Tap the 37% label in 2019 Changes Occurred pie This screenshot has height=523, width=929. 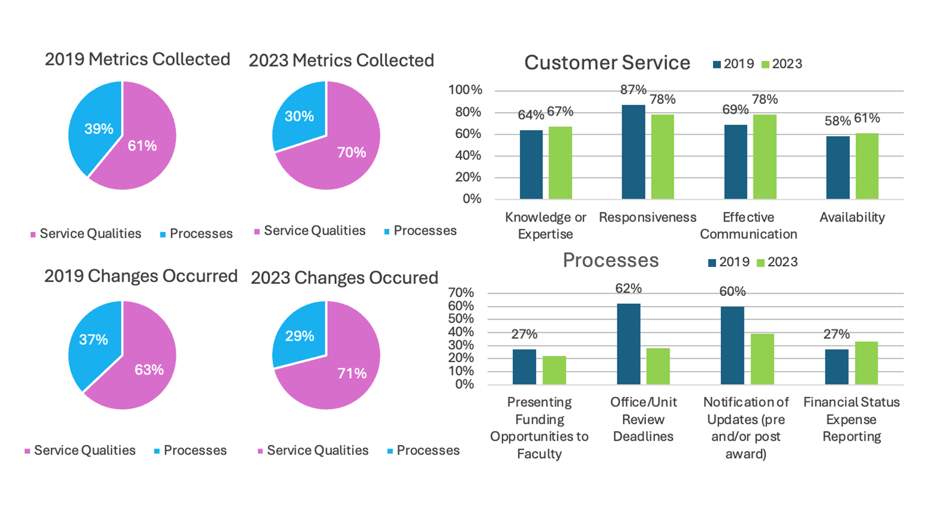93,340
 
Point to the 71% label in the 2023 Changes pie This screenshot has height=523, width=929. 351,373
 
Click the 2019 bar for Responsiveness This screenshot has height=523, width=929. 633,152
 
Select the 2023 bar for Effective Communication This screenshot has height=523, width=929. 765,157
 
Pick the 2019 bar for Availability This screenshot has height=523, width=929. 838,168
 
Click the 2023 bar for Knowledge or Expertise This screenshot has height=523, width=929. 560,163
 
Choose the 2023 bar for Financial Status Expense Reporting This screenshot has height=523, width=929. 866,363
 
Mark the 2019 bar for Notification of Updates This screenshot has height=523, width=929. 732,346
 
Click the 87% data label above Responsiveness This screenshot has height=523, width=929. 633,90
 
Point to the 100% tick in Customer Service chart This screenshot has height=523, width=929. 465,90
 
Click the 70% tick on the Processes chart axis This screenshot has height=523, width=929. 461,293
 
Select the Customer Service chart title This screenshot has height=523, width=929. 607,63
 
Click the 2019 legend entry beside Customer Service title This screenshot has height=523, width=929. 734,64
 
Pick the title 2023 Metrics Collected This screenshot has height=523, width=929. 341,61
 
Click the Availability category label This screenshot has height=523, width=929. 852,217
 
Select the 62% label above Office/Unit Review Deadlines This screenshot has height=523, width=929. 628,289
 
